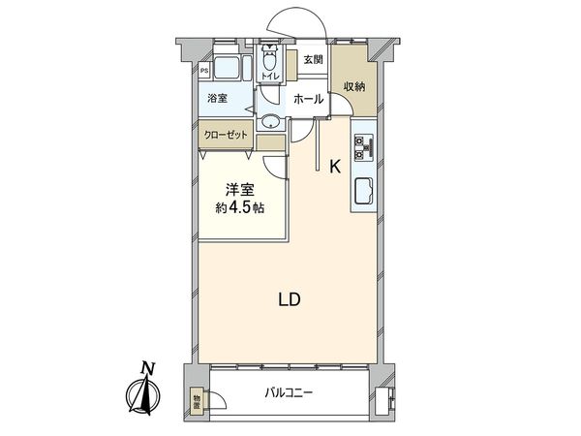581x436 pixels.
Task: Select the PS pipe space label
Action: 204,70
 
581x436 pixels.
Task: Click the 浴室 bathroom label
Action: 217,98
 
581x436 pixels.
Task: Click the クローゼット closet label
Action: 227,136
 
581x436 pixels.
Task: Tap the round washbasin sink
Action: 270,121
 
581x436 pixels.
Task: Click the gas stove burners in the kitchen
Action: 366,146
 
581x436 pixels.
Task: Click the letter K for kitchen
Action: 335,167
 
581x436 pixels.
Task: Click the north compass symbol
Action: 147,395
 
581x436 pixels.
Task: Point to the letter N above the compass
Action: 146,367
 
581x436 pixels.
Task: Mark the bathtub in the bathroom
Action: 226,72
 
